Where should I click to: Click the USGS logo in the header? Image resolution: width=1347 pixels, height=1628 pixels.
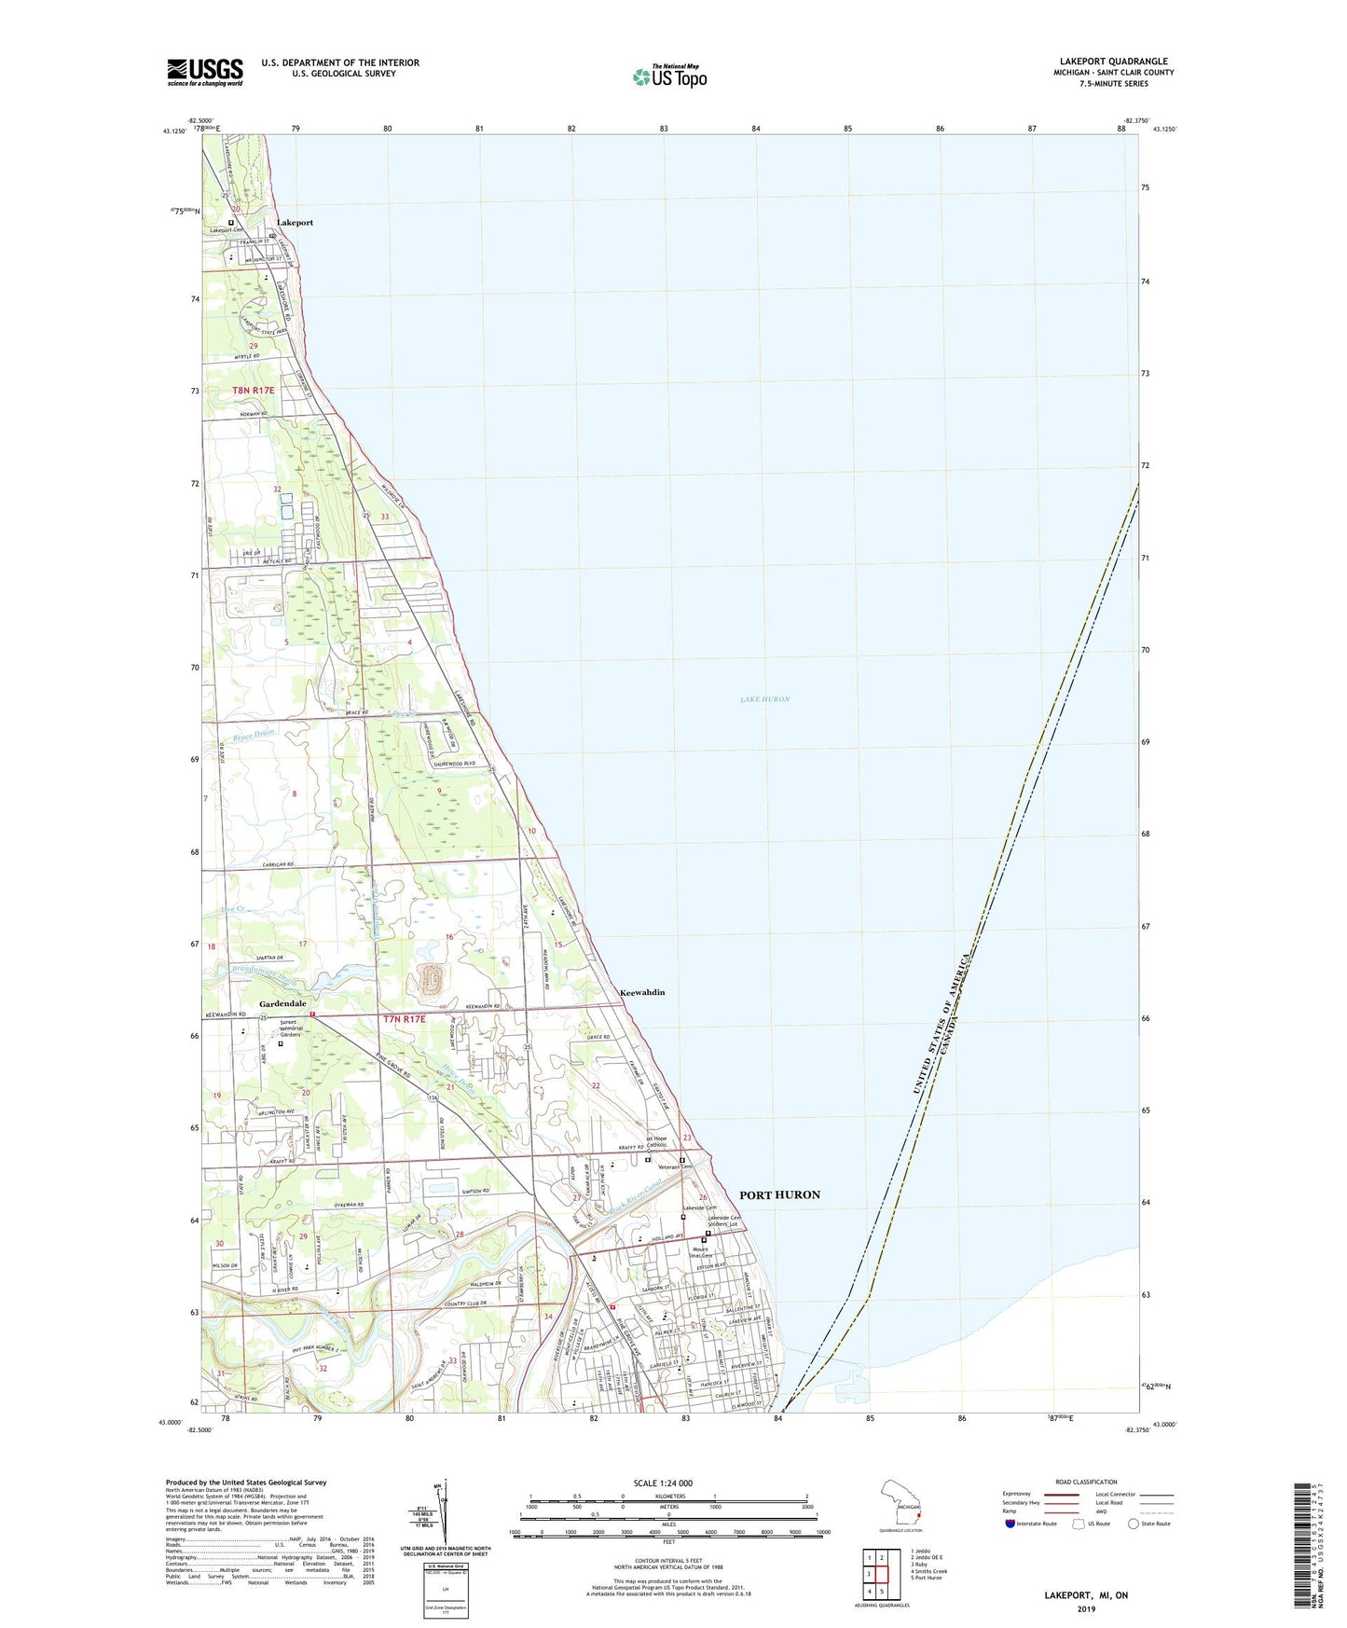point(205,72)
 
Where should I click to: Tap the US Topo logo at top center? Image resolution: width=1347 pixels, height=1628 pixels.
point(669,76)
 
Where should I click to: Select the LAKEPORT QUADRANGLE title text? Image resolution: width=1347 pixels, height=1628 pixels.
point(1113,62)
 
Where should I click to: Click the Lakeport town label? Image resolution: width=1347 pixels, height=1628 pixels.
point(295,223)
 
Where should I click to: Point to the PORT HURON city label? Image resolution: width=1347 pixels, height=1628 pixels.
point(779,1194)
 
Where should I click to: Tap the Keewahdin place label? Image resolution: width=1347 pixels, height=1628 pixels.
point(642,992)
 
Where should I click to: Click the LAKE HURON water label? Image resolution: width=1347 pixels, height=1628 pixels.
point(765,699)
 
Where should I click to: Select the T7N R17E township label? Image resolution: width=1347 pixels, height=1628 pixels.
point(404,1019)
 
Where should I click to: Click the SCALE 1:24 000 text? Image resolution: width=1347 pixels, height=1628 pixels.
point(663,1483)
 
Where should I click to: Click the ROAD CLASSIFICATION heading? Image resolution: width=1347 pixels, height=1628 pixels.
point(1085,1482)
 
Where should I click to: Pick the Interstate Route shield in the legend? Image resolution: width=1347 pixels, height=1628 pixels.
point(1010,1524)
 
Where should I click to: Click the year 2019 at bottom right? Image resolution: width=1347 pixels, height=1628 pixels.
point(1085,1609)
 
